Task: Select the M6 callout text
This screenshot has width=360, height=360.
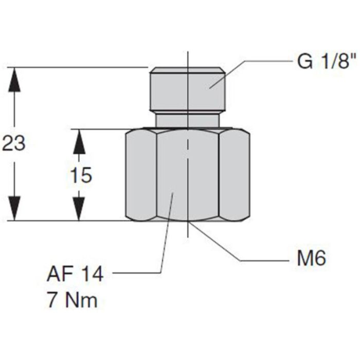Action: [x=312, y=259]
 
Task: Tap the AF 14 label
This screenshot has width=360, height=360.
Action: [x=76, y=274]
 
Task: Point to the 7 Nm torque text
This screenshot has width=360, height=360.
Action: [x=72, y=300]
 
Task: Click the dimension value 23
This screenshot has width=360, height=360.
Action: [x=14, y=143]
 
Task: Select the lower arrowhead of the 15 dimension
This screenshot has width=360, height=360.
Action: [x=78, y=209]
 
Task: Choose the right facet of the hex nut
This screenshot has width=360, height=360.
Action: [x=235, y=175]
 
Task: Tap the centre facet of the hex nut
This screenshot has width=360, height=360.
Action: [x=188, y=175]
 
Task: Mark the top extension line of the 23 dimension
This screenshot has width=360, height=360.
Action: [x=77, y=67]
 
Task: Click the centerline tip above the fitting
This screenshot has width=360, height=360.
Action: [x=188, y=54]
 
